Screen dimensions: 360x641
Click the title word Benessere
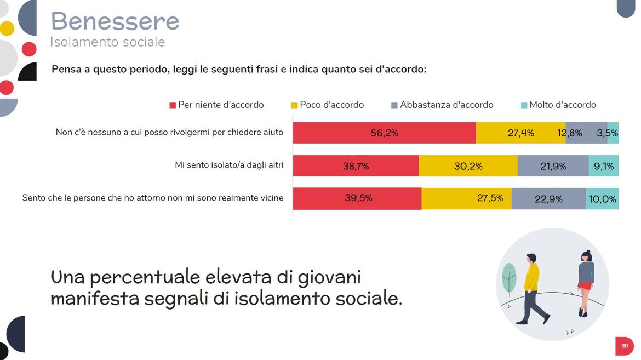pyautogui.click(x=115, y=21)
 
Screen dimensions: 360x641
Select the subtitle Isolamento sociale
pyautogui.click(x=107, y=42)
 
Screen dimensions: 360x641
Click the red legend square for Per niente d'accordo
pyautogui.click(x=173, y=105)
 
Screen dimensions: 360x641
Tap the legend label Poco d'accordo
pyautogui.click(x=331, y=105)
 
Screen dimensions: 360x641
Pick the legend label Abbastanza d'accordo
pyautogui.click(x=446, y=105)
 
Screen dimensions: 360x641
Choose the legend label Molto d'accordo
pyautogui.click(x=562, y=105)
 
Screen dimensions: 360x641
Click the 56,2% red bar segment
pyautogui.click(x=384, y=133)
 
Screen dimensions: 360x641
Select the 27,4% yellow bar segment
pyautogui.click(x=520, y=133)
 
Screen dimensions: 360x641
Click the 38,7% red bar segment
pyautogui.click(x=356, y=166)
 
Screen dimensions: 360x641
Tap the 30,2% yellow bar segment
pyautogui.click(x=468, y=166)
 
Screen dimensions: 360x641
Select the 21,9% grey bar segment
pyautogui.click(x=553, y=166)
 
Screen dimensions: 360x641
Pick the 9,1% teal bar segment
pyautogui.click(x=604, y=166)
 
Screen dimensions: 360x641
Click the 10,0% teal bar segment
pyautogui.click(x=602, y=199)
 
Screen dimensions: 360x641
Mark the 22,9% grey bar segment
pyautogui.click(x=548, y=199)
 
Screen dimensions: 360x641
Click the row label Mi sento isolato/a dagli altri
pyautogui.click(x=229, y=165)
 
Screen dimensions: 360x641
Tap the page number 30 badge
pyautogui.click(x=625, y=346)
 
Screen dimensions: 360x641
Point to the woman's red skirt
pyautogui.click(x=585, y=286)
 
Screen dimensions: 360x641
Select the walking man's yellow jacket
pyautogui.click(x=531, y=276)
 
